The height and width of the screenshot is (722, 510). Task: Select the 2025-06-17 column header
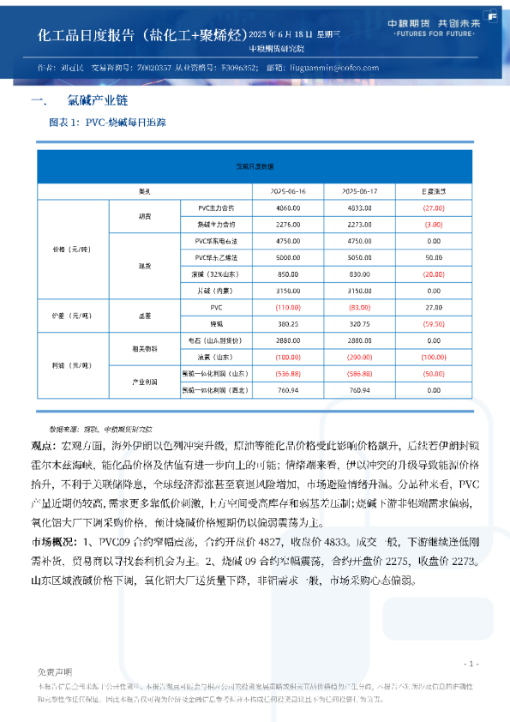click(360, 190)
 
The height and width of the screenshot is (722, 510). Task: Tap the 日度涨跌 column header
click(434, 190)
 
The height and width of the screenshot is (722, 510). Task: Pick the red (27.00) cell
click(434, 208)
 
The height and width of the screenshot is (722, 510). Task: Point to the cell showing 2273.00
click(360, 224)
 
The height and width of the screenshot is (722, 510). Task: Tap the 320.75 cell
click(360, 324)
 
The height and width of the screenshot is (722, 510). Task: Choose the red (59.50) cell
click(434, 324)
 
